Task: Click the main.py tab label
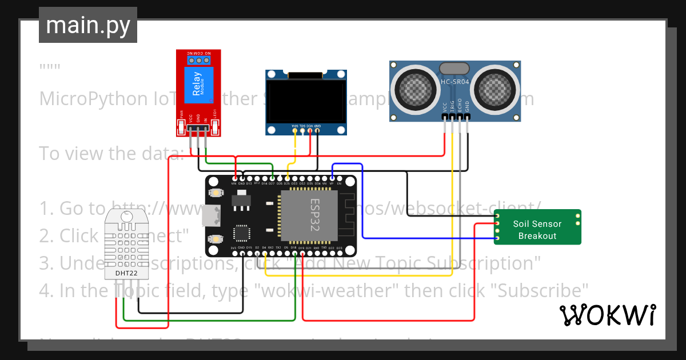coord(87,26)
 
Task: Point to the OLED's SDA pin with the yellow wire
coord(295,131)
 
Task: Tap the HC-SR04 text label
coord(454,82)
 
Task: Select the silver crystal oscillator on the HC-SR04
coord(454,68)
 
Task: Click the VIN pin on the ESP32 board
coord(234,178)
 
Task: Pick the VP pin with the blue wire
coord(332,178)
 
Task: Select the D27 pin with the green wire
coord(272,178)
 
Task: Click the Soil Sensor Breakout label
coord(537,230)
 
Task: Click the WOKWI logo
coord(607,315)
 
